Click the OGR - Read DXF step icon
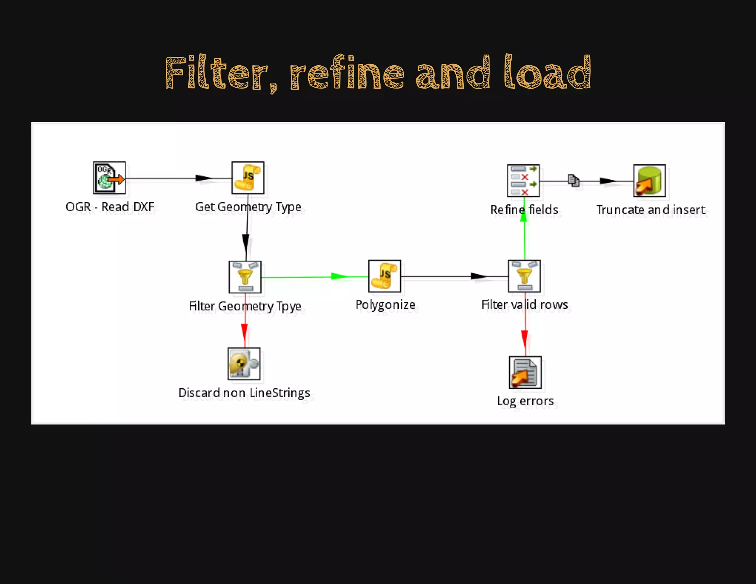(x=109, y=178)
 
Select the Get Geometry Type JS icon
(x=248, y=178)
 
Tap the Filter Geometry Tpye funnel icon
(x=245, y=277)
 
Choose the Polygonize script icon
(x=385, y=276)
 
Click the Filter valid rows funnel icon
(x=524, y=276)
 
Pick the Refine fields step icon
(x=523, y=181)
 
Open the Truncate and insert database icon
(x=649, y=181)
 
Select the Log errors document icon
(x=525, y=372)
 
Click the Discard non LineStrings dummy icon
(x=244, y=364)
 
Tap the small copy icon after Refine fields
(x=573, y=180)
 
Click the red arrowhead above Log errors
(x=525, y=338)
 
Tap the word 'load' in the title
(x=547, y=73)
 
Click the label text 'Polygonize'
(x=385, y=305)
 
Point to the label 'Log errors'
(x=525, y=401)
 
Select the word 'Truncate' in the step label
(x=620, y=210)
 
